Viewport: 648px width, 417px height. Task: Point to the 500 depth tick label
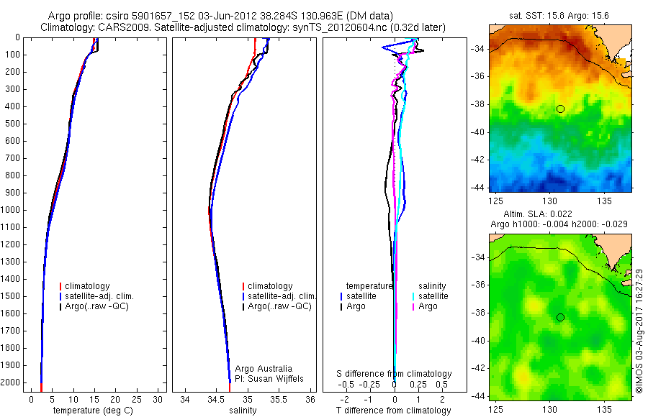tap(12, 124)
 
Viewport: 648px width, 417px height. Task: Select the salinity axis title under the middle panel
tap(243, 411)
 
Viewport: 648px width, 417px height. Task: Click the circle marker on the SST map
tap(560, 109)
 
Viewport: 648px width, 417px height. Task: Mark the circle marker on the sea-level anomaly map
tap(560, 317)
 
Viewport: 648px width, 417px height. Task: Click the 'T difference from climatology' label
tap(393, 411)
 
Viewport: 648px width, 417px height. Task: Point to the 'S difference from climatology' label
tap(395, 374)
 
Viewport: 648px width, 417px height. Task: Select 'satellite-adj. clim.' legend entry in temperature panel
tap(99, 296)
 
